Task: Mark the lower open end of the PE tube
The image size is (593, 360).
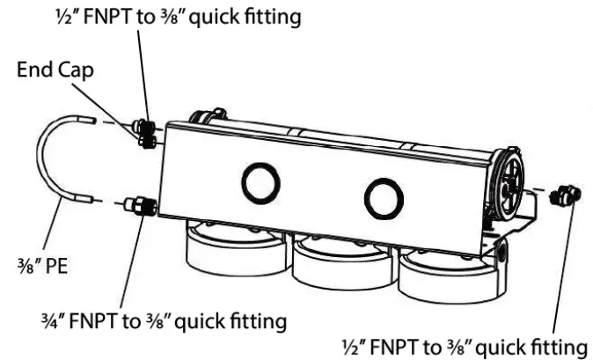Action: pos(88,202)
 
